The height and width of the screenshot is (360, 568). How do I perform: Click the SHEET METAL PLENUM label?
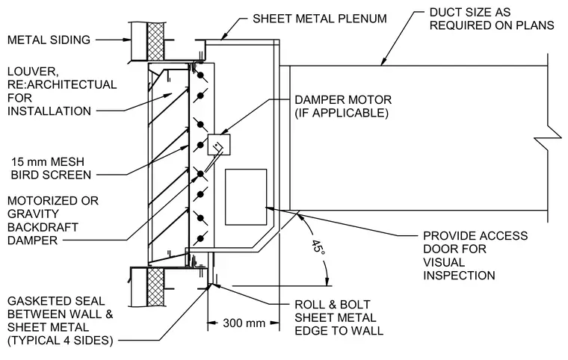click(x=320, y=19)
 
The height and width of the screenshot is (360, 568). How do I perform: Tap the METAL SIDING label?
click(x=49, y=40)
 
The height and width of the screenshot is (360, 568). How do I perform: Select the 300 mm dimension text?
click(x=244, y=323)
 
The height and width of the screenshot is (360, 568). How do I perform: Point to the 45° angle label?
click(x=318, y=247)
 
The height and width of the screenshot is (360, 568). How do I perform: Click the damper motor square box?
click(x=219, y=144)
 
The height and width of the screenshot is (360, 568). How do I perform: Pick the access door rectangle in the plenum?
click(x=246, y=197)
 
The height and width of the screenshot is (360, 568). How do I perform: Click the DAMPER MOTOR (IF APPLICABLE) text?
click(x=343, y=106)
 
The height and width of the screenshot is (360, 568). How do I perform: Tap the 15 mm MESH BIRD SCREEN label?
click(x=51, y=168)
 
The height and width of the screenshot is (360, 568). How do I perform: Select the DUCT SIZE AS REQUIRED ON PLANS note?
click(x=492, y=19)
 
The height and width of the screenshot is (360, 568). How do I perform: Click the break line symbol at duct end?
click(x=548, y=137)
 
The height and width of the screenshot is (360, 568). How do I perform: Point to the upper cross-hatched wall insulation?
click(x=155, y=41)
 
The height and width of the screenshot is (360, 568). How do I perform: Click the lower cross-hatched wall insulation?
click(x=155, y=288)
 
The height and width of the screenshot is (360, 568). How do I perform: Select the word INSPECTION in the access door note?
click(x=459, y=276)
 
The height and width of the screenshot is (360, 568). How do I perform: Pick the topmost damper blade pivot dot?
click(x=200, y=75)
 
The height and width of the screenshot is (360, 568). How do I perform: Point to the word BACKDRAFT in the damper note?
click(x=43, y=227)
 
